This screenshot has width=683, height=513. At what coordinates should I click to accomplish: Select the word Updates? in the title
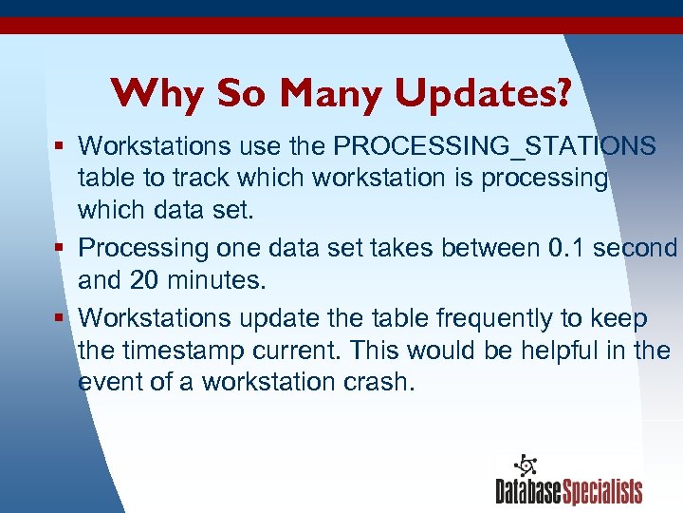pyautogui.click(x=483, y=93)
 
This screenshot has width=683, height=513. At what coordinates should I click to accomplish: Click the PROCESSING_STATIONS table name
pyautogui.click(x=496, y=146)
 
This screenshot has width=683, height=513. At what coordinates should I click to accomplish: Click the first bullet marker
pyautogui.click(x=60, y=147)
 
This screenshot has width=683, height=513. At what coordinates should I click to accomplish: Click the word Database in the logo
pyautogui.click(x=528, y=491)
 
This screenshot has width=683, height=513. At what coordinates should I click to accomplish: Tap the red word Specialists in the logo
pyautogui.click(x=602, y=491)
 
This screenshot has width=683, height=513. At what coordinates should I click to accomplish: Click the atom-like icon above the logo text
pyautogui.click(x=525, y=465)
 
